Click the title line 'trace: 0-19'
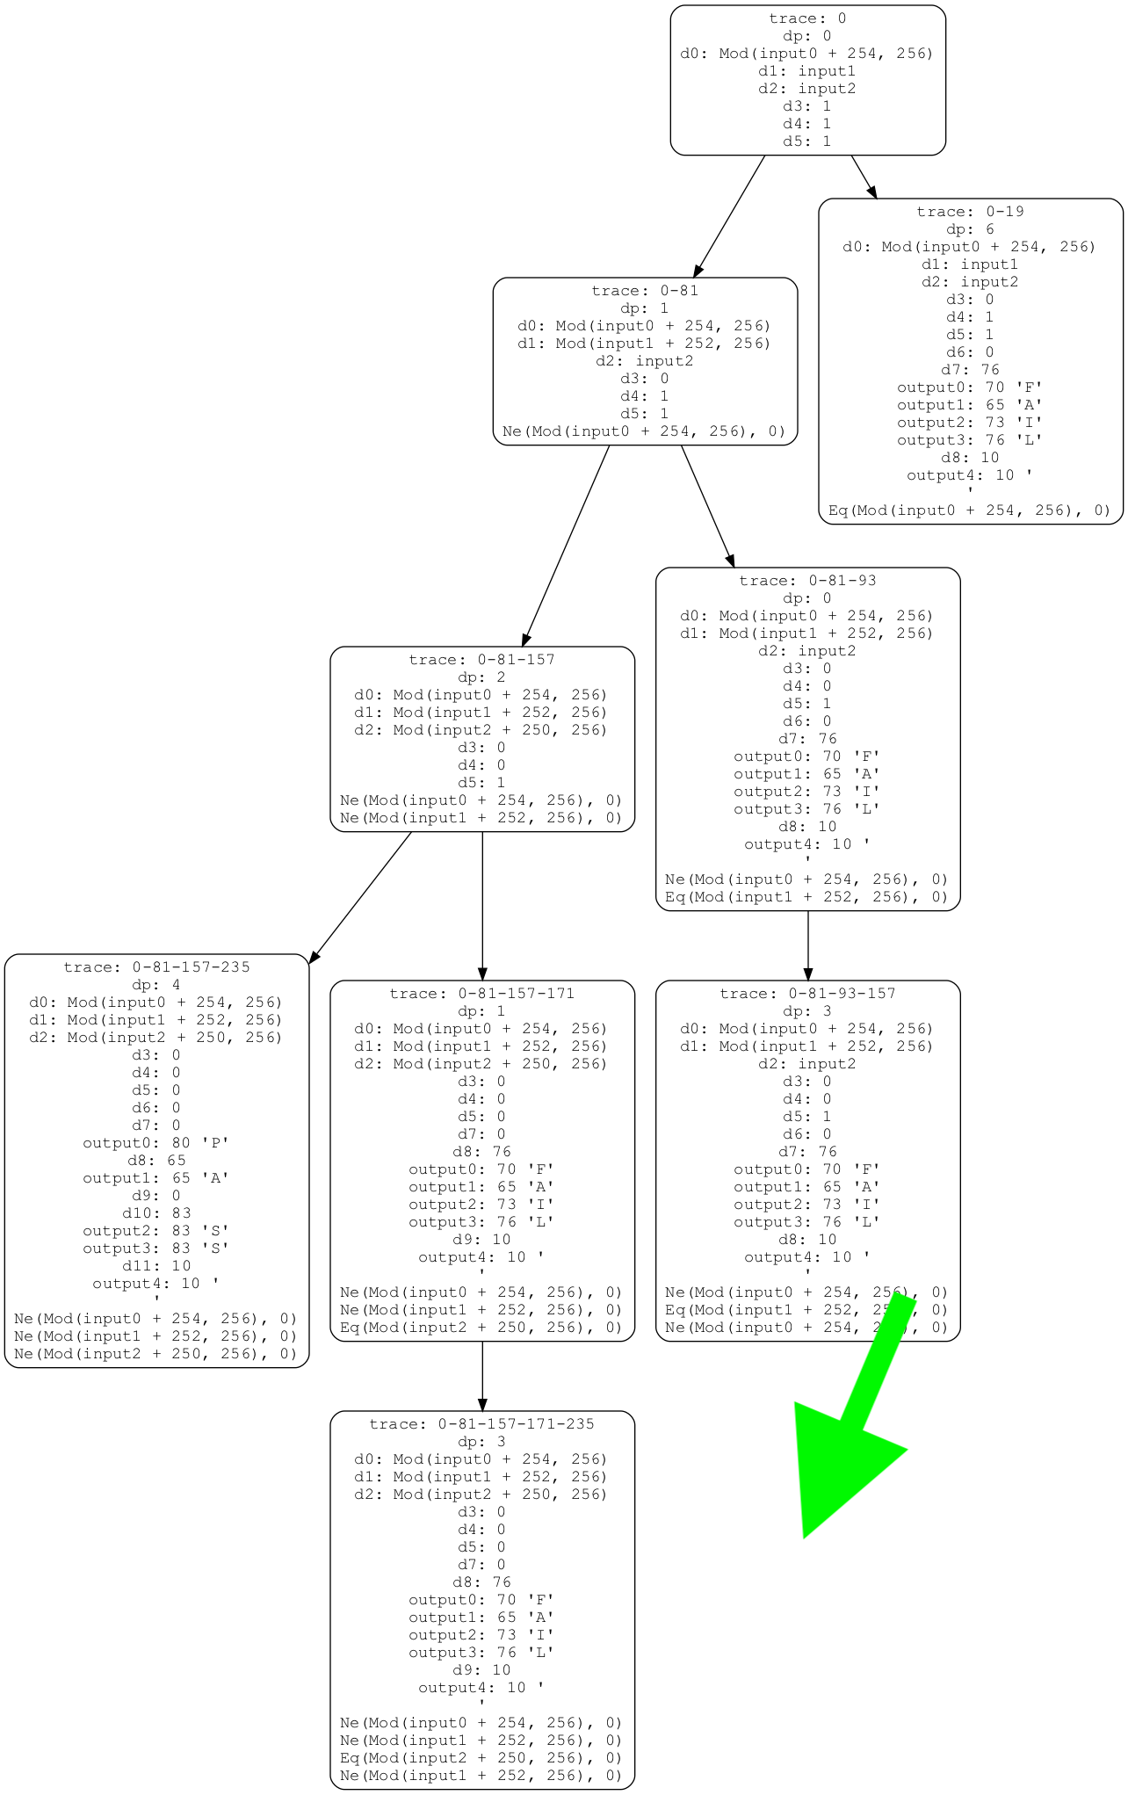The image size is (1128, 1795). click(x=970, y=212)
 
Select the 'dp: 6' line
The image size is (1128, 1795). click(x=970, y=229)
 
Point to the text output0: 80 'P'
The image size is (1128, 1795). click(x=156, y=1143)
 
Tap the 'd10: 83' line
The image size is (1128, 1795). click(x=156, y=1213)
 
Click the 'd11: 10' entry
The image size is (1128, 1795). click(x=156, y=1266)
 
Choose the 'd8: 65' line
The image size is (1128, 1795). click(x=156, y=1161)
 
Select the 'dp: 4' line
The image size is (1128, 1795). click(x=156, y=985)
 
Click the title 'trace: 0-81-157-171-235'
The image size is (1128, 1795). click(x=481, y=1424)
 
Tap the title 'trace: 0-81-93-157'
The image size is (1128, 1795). click(x=807, y=994)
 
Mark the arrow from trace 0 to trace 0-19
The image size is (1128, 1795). click(x=864, y=177)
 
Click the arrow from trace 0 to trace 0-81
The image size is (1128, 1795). click(x=729, y=216)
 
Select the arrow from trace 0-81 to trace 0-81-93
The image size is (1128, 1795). click(x=707, y=506)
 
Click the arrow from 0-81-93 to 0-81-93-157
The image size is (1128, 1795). click(x=807, y=945)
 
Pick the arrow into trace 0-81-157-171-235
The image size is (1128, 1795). click(x=481, y=1376)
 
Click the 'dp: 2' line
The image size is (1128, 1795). click(x=481, y=677)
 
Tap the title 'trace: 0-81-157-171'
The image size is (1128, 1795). click(x=481, y=994)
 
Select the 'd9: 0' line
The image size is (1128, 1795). click(x=156, y=1196)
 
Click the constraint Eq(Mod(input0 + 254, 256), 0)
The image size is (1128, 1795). click(x=970, y=510)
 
